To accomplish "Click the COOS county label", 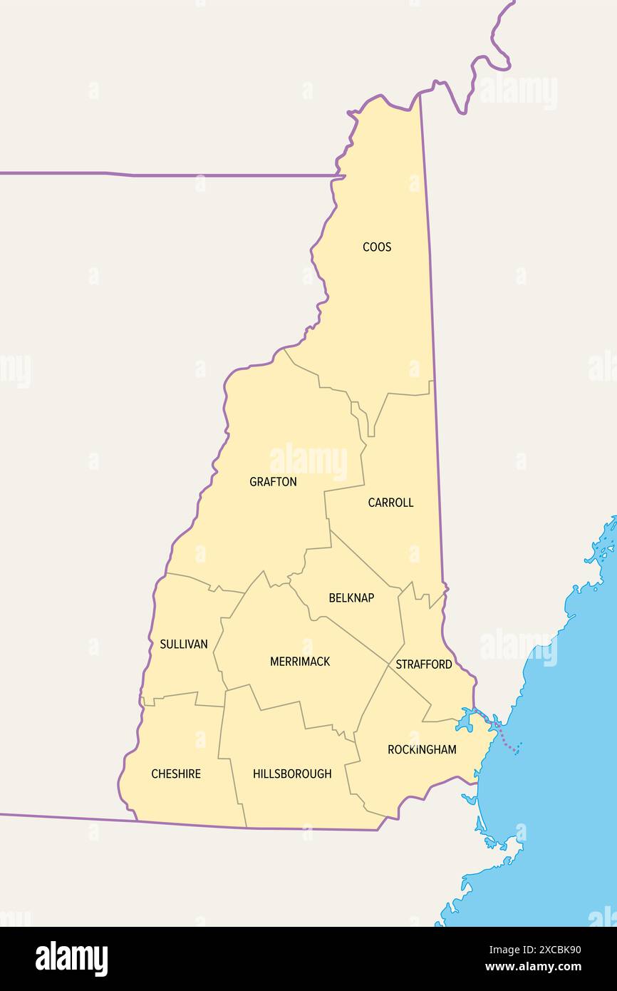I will (x=376, y=247).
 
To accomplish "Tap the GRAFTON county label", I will (x=273, y=482).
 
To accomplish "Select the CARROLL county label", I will (x=390, y=503).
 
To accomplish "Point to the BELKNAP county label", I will (x=351, y=598).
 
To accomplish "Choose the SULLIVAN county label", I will (x=184, y=645).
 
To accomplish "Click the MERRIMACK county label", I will (x=300, y=662).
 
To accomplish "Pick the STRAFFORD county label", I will (x=424, y=664).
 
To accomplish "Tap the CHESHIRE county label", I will (x=176, y=774).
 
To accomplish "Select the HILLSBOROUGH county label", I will (x=292, y=774).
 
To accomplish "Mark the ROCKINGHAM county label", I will (x=422, y=749).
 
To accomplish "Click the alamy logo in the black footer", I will (x=72, y=959).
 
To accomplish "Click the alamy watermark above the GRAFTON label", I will (x=308, y=461).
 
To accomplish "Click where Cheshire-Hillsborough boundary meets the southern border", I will (x=247, y=827).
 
